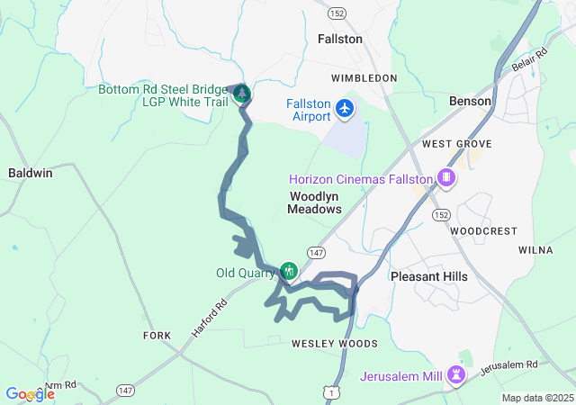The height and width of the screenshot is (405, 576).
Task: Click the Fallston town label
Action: (340, 40)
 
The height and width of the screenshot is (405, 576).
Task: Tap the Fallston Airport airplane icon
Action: (345, 109)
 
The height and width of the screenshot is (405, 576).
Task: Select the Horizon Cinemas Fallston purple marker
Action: (445, 177)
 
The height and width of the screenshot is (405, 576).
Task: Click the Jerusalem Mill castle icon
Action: (456, 373)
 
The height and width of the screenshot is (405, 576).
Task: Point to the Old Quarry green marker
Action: (289, 271)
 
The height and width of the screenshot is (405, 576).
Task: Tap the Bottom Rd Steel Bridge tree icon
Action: (240, 94)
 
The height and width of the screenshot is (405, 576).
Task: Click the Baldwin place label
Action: (30, 173)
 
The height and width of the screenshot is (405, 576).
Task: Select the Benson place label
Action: (471, 101)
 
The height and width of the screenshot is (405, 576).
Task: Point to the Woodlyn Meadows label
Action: (314, 202)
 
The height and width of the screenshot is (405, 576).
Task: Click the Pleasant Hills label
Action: (429, 276)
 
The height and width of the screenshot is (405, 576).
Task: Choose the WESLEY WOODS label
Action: (334, 344)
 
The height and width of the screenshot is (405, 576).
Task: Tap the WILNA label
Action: (536, 249)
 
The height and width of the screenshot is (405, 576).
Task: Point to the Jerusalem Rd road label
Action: (508, 367)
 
